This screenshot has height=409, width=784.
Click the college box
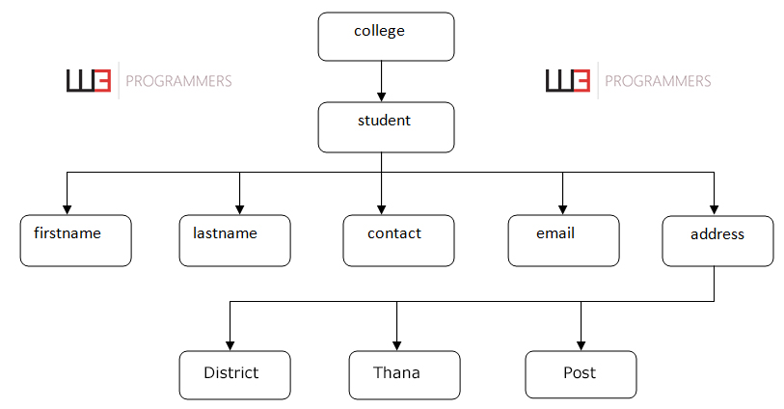click(x=386, y=37)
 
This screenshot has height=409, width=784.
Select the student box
click(x=386, y=127)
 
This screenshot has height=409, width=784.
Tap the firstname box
click(x=75, y=240)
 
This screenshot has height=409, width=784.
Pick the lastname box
click(x=234, y=240)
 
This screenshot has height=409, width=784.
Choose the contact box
click(x=398, y=240)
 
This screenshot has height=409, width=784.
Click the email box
click(x=563, y=240)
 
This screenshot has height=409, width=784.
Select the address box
click(x=717, y=240)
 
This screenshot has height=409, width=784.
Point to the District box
click(x=234, y=374)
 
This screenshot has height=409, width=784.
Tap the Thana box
click(x=404, y=374)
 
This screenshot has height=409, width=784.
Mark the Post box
click(x=581, y=374)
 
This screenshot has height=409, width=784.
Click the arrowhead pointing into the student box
click(x=382, y=96)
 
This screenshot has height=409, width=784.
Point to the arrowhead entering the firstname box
click(x=67, y=208)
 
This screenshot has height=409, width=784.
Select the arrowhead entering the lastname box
click(x=239, y=208)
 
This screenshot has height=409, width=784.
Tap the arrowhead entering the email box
click(x=563, y=208)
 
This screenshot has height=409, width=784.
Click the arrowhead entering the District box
click(x=230, y=344)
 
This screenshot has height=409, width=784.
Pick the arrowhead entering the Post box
click(x=581, y=344)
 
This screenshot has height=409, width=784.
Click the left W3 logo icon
click(x=89, y=81)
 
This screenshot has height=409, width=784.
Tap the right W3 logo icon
click(x=567, y=81)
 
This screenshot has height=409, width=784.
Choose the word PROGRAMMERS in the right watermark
click(x=657, y=82)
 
